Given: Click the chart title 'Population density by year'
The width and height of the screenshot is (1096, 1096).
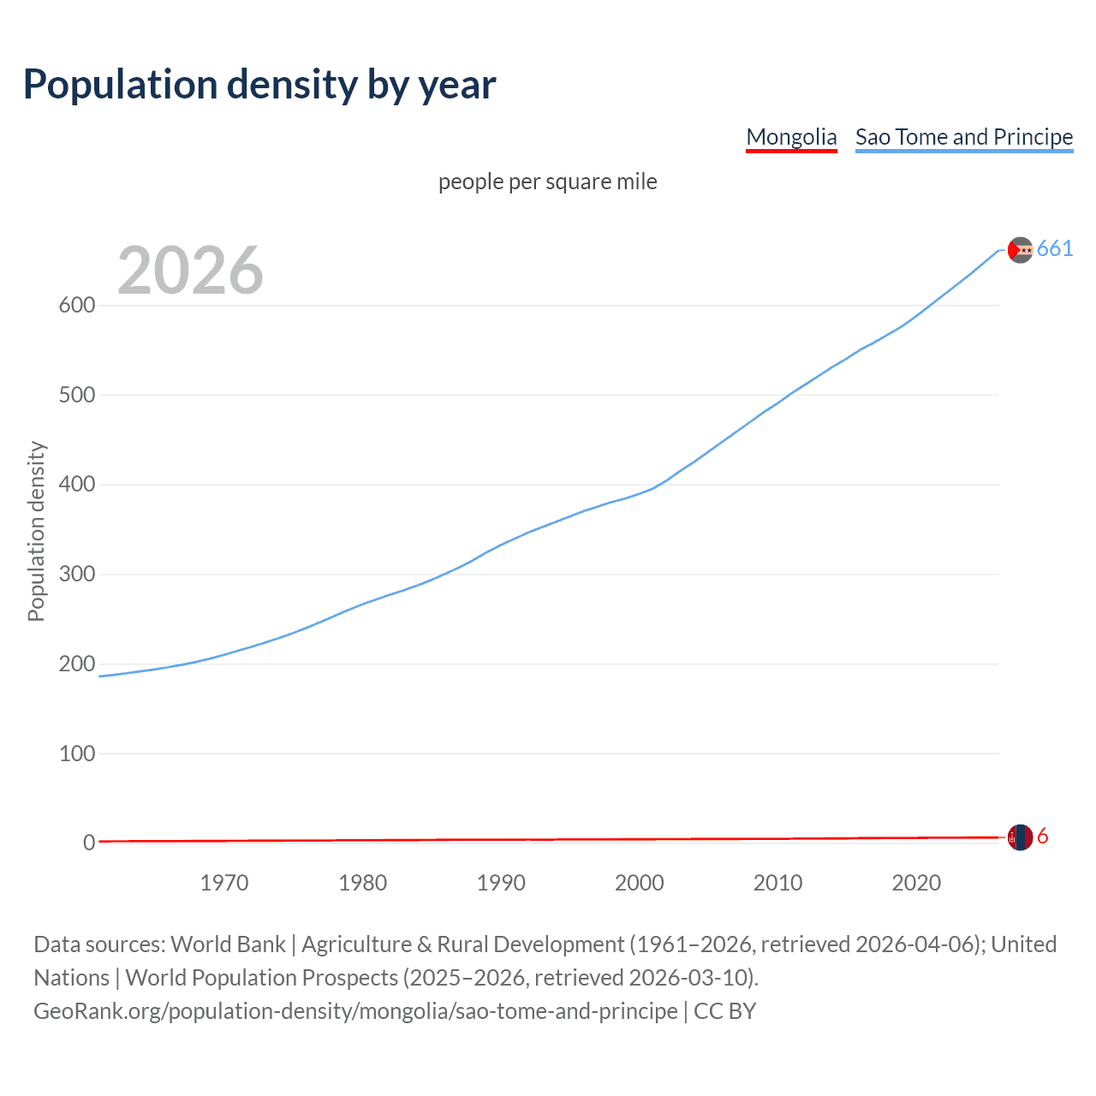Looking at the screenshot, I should coord(259,84).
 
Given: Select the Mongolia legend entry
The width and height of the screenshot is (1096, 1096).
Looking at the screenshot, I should coord(791,137).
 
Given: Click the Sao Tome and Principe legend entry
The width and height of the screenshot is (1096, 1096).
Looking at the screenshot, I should coord(963,137).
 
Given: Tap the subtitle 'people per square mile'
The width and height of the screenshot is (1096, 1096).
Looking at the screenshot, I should coord(547,182).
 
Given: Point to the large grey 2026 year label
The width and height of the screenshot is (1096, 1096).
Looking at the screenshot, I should coord(190,271).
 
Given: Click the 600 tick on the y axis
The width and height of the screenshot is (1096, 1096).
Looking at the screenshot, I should coord(76,306).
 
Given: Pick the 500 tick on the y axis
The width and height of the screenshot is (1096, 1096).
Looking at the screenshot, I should coord(76,395).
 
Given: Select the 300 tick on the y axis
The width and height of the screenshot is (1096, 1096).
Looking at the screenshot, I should coord(76,574).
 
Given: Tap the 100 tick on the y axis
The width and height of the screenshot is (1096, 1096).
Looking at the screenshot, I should coord(76,753).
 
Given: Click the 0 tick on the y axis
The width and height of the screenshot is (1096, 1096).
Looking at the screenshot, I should coord(89,843).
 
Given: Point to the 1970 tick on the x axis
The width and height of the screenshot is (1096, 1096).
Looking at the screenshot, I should coord(224,883).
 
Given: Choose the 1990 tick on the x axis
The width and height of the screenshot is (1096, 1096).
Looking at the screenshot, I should coord(501,883).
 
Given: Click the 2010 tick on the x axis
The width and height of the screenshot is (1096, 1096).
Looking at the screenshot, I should coord(777,883).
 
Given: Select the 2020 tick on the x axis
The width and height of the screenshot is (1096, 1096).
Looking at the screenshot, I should coord(916,883).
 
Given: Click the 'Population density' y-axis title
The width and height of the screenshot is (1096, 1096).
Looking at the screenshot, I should coord(36,531).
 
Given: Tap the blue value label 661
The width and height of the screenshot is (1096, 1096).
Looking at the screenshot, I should coord(1054,249).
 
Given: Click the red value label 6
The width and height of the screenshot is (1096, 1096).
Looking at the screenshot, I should coord(1042,837).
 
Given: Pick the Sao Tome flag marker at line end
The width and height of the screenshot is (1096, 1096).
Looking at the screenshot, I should coord(1020,250).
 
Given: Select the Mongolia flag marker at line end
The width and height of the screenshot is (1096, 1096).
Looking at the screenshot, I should coord(1020,837).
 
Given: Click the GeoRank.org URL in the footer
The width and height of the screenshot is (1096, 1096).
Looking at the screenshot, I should coord(355,1011).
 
